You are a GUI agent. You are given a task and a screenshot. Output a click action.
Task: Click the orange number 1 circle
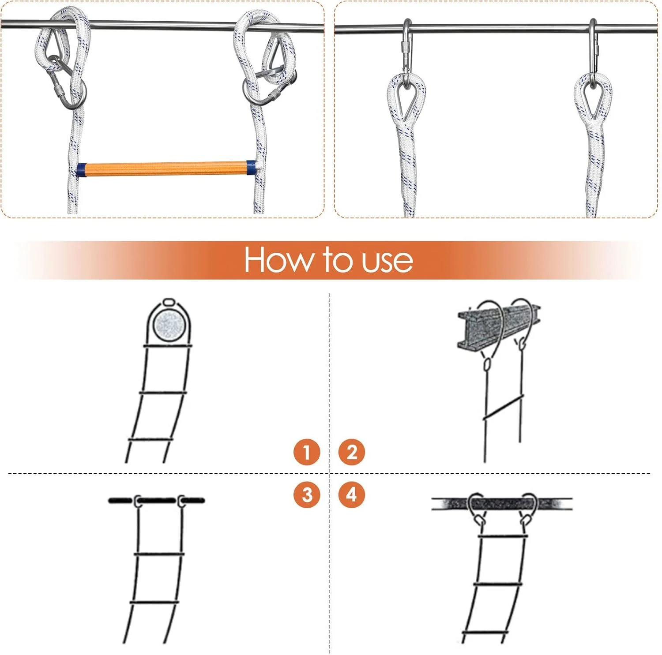click(307, 452)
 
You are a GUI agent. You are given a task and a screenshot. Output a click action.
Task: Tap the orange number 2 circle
click(352, 452)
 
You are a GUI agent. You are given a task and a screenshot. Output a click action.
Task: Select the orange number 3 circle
click(307, 494)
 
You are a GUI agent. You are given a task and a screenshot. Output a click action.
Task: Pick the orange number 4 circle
click(352, 494)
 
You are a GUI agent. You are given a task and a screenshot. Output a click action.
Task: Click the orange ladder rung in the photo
click(166, 169)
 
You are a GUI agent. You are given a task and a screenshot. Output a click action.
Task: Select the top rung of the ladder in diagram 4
click(503, 536)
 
